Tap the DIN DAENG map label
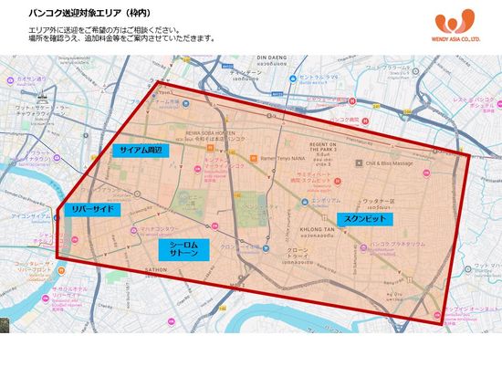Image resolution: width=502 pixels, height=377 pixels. click(273, 57)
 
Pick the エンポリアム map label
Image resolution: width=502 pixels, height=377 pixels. click(326, 200)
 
